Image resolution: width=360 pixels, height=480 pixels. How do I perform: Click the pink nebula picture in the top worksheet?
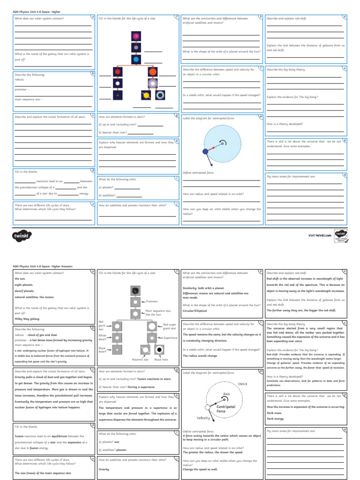(x=135, y=36)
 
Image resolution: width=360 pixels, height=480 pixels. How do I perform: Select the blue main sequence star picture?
(x=135, y=60)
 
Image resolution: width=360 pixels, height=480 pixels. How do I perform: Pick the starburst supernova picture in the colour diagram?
(x=152, y=83)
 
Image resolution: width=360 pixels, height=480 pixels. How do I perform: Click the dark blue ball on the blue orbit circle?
(x=205, y=151)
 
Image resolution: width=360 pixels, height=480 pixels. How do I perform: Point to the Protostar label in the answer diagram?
(x=152, y=301)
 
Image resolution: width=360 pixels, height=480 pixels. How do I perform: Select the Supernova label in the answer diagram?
(x=170, y=337)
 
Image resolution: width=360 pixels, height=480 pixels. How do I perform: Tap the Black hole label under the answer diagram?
(x=161, y=360)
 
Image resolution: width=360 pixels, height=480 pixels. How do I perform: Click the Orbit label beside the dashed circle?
(x=242, y=383)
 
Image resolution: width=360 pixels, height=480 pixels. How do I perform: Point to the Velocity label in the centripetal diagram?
(x=203, y=418)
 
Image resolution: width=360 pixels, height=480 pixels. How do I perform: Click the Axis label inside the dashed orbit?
(x=227, y=394)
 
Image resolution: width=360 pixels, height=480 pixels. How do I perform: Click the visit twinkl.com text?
(x=320, y=235)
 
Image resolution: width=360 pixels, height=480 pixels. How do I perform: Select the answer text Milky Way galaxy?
(x=28, y=319)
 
